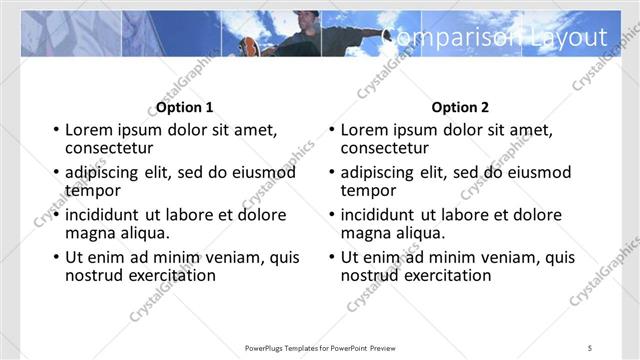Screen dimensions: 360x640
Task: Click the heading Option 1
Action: coord(183,107)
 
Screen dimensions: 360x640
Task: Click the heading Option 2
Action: coord(459,107)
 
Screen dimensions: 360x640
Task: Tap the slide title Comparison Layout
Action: coord(497,37)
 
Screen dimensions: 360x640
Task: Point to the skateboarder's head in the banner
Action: coord(309,19)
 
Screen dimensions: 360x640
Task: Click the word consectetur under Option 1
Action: coord(111,148)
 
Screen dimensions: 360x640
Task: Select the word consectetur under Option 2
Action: coord(387,148)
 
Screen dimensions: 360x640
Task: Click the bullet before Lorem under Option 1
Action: coord(56,131)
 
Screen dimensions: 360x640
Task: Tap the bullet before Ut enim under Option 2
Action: coord(332,258)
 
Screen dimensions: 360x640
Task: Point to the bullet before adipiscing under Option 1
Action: coord(56,173)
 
